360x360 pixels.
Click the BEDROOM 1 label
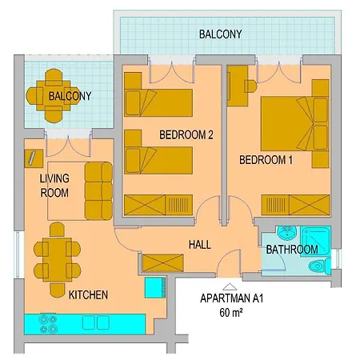coord(266,160)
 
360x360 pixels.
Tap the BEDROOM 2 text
coord(186,134)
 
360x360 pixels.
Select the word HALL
coord(199,244)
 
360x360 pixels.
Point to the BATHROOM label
coord(292,250)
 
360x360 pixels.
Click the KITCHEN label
coord(88,295)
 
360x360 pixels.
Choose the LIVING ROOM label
coord(54,186)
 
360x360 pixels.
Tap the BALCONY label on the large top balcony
coord(220,34)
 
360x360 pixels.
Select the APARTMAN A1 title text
coord(230,299)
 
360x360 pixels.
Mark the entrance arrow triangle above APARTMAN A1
coord(230,285)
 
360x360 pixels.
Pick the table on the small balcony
coord(54,96)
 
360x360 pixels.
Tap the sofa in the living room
coord(99,190)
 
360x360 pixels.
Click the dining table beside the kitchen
coord(56,259)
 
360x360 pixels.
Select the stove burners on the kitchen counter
coord(42,325)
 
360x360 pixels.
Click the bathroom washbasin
coord(284,233)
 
